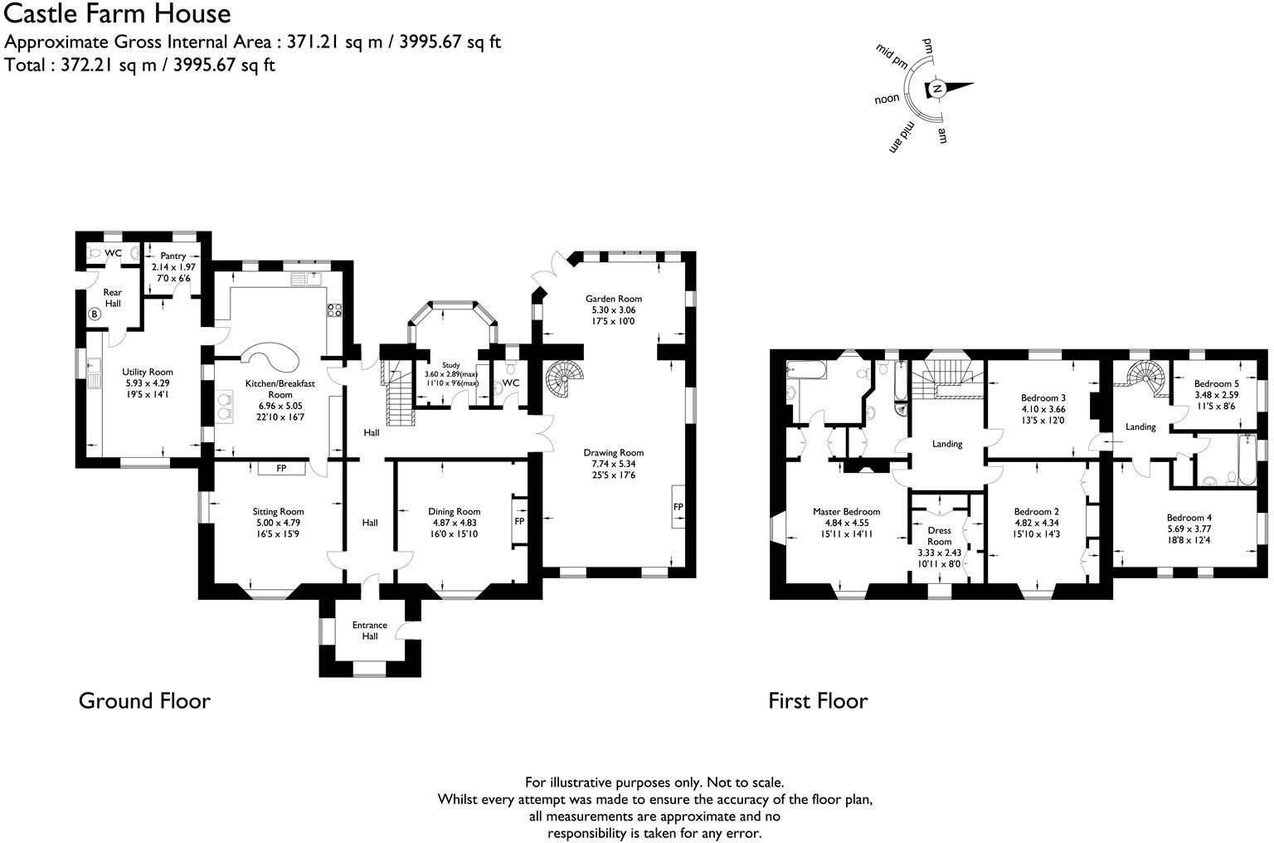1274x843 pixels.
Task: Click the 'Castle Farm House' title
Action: [x=118, y=14]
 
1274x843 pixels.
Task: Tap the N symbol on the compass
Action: [x=936, y=89]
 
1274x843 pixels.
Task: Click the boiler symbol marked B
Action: [x=94, y=314]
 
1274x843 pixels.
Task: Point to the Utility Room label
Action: [x=147, y=373]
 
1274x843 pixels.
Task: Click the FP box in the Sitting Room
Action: [x=281, y=469]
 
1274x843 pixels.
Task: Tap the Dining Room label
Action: [x=454, y=512]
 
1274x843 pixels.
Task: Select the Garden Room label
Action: [x=613, y=299]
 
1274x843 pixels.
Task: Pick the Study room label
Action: [x=451, y=365]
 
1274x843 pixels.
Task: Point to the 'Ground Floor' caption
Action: [x=144, y=701]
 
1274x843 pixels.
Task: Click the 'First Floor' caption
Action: [x=817, y=701]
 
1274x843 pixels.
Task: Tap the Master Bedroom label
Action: [x=846, y=512]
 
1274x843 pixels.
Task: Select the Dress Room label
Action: [x=939, y=536]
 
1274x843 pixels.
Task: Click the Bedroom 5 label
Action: [x=1216, y=384]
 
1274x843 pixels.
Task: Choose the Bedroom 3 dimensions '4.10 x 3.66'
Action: [x=1043, y=409]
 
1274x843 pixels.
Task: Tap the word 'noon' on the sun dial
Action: [x=887, y=99]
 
